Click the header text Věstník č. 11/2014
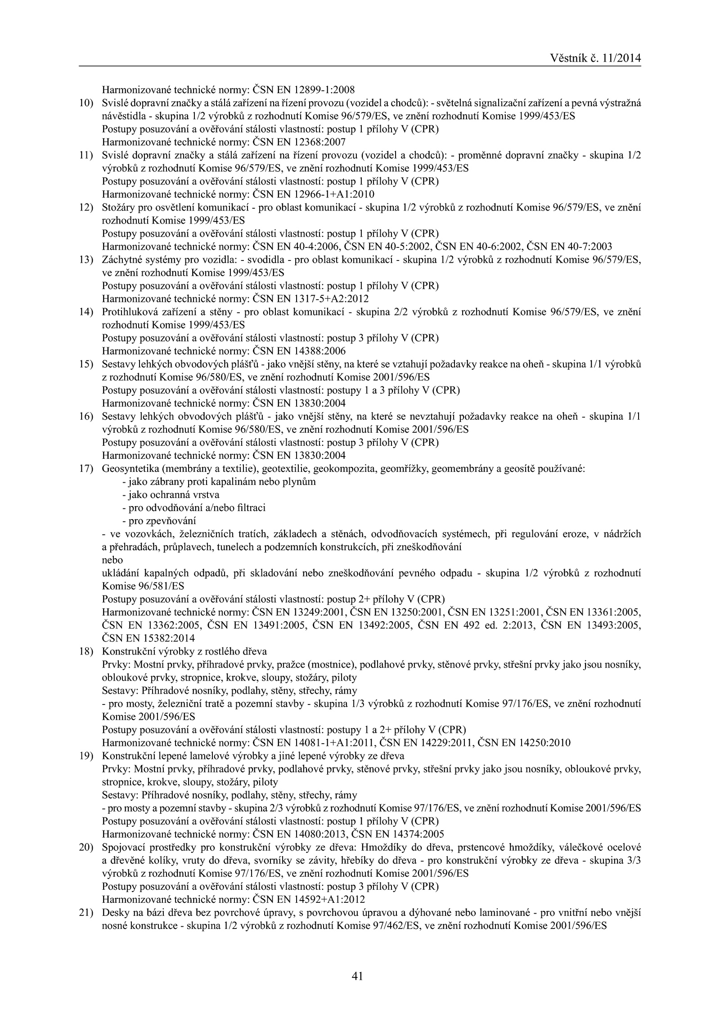(595, 58)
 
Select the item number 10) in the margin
(85, 103)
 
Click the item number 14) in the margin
(85, 312)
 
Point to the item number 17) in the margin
(85, 469)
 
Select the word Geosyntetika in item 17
(126, 469)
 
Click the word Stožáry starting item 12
(117, 207)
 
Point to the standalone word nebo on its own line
(112, 561)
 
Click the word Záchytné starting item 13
(118, 260)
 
